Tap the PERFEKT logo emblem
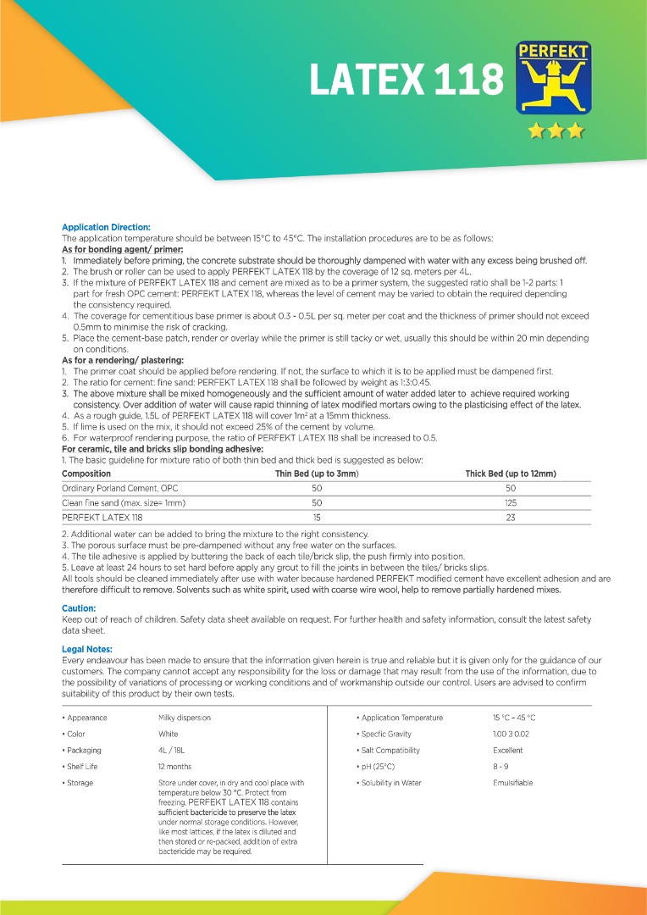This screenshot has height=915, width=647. (x=554, y=79)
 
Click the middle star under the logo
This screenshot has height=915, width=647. (x=556, y=130)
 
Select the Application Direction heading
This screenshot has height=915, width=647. (x=106, y=227)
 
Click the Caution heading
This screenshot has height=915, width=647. (x=78, y=608)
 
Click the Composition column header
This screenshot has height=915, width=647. (x=86, y=474)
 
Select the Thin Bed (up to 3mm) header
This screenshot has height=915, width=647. (x=317, y=474)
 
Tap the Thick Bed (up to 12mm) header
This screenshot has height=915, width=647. (x=511, y=474)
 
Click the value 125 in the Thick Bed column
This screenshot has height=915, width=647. (x=511, y=502)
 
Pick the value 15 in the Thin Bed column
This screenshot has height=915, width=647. (x=317, y=517)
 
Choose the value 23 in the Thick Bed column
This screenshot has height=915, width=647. (x=511, y=517)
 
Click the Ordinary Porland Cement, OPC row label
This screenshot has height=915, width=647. (x=120, y=489)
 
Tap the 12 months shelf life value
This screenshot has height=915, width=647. (x=174, y=767)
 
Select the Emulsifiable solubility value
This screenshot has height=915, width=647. (x=513, y=783)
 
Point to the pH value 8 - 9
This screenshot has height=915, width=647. (x=500, y=767)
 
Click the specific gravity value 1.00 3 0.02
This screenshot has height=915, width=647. (x=511, y=734)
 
